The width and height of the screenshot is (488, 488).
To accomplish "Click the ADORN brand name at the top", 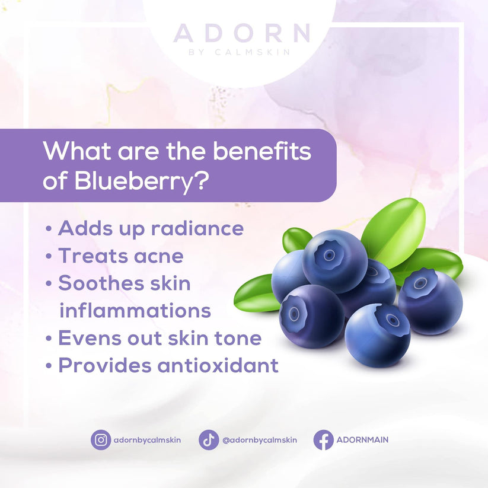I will [241, 33].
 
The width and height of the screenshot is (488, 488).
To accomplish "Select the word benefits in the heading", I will [261, 151].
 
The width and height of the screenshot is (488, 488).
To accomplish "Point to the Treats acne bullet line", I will [120, 256].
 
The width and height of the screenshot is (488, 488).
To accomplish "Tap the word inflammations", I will [135, 310].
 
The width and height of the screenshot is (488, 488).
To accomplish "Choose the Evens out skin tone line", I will [159, 338].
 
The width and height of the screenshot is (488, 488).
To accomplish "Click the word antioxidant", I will [218, 365].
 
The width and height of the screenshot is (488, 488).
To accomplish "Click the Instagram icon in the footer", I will [101, 440].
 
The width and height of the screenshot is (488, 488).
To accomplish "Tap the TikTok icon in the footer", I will [209, 440].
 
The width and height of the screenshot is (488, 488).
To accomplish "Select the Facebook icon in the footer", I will [323, 440].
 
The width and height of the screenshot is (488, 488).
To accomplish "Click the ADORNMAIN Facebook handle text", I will [362, 440].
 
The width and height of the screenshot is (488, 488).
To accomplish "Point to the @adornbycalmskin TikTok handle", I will [260, 440].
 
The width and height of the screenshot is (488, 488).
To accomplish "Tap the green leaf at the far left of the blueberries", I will [256, 294].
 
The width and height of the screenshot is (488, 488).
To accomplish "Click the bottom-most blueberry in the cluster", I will [377, 335].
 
